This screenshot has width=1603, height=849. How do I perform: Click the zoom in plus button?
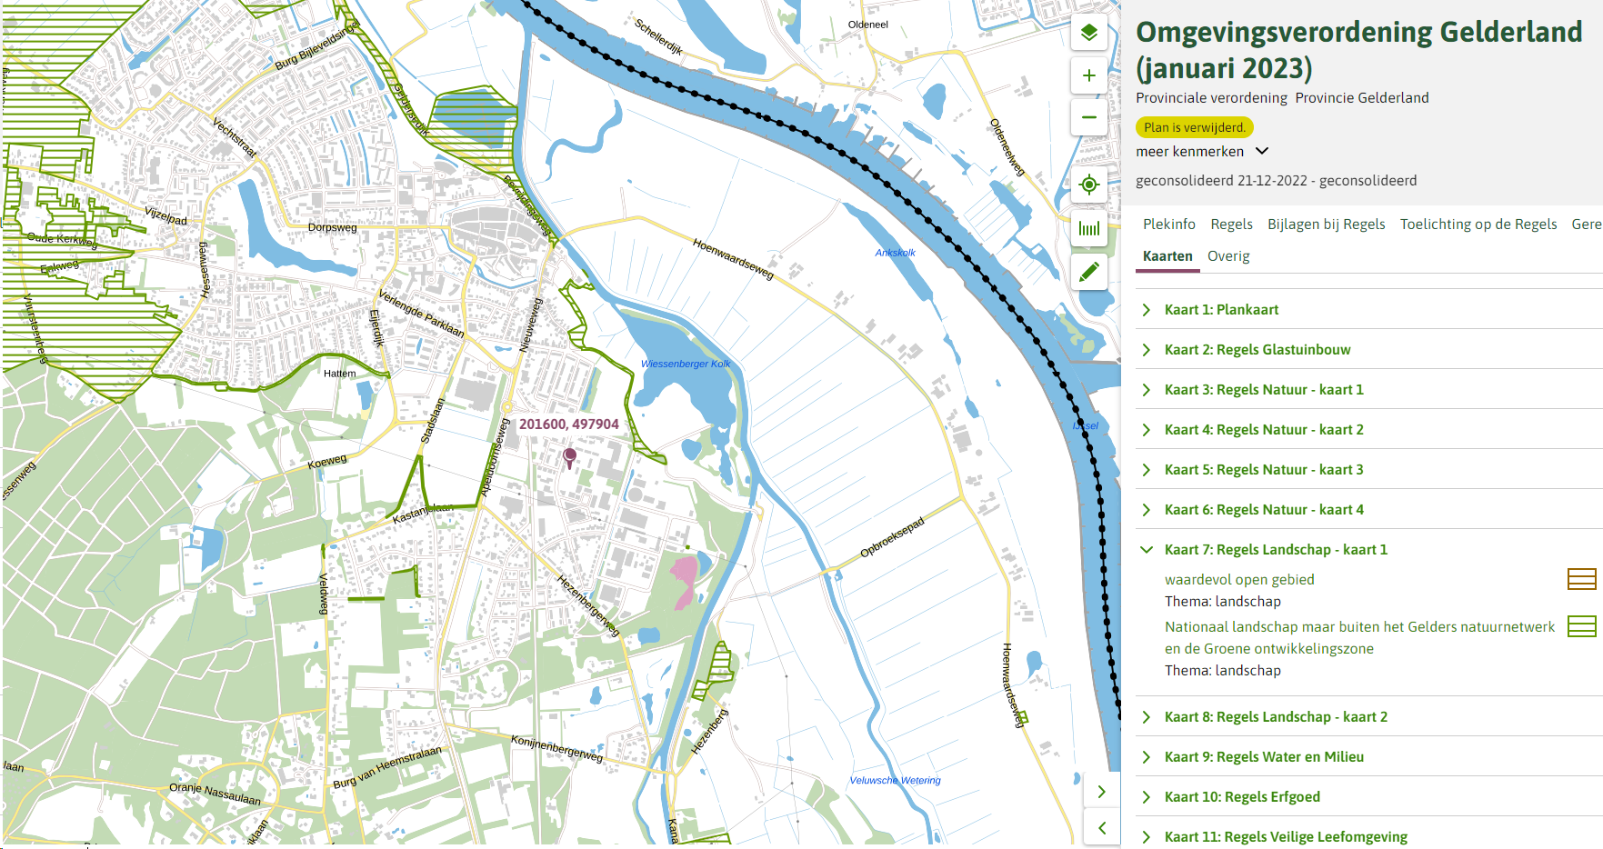(1088, 75)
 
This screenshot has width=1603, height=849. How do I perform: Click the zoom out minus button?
(1088, 117)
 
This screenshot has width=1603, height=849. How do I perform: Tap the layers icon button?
(1088, 34)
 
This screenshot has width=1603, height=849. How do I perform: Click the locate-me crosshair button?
(1088, 185)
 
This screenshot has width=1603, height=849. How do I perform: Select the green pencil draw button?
(1088, 271)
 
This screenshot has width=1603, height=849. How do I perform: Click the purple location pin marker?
(570, 456)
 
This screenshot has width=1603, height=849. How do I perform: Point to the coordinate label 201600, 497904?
(568, 424)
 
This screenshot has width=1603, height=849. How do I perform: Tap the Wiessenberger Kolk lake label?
(686, 364)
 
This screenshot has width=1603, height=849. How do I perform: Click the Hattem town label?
(340, 374)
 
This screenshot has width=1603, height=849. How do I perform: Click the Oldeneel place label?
(867, 25)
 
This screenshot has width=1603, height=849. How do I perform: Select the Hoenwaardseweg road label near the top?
(733, 259)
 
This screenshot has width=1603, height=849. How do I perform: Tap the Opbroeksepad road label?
(892, 537)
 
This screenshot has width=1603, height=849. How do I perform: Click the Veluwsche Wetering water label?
(895, 780)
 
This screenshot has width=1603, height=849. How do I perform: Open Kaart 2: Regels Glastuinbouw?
(1257, 350)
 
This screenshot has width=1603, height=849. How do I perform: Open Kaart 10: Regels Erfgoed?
(1241, 797)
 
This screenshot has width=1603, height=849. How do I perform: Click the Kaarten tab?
(1167, 256)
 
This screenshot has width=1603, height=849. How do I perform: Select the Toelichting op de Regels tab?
(1478, 225)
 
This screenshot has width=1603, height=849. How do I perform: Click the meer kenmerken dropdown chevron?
(1262, 152)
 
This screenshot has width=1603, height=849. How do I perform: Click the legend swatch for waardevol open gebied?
(1581, 579)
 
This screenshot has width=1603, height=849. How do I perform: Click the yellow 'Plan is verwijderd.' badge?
(1194, 127)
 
